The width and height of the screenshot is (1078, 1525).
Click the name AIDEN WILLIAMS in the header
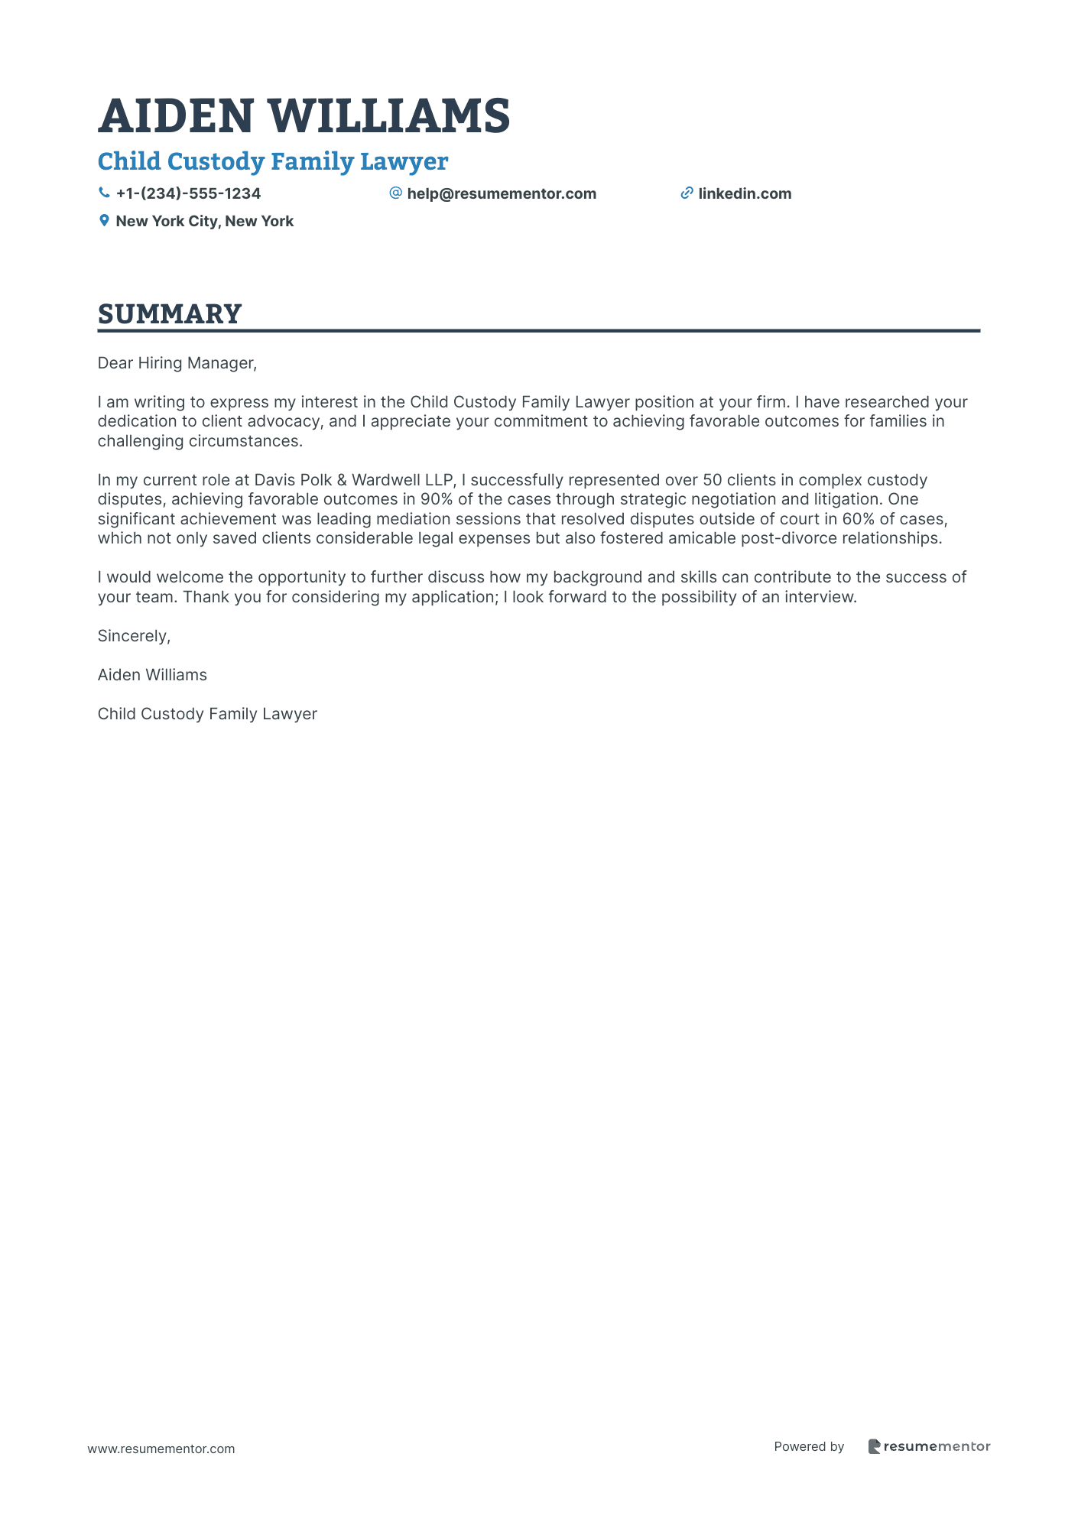pos(304,116)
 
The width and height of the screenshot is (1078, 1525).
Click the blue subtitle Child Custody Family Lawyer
pos(272,161)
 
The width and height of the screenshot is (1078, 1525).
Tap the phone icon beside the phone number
pos(104,193)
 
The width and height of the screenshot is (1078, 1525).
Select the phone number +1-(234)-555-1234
pos(188,194)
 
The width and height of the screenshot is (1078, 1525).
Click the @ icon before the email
pos(395,193)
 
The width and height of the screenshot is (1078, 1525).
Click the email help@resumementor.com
pos(501,194)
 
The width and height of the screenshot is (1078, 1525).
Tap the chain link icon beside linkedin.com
pos(687,193)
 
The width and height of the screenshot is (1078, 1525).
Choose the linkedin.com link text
pos(745,194)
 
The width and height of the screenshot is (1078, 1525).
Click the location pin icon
pos(104,221)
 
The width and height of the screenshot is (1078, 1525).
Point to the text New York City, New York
pos(204,222)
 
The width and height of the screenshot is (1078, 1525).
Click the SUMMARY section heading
pos(170,314)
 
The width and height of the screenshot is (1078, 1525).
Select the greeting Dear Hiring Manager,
pos(177,363)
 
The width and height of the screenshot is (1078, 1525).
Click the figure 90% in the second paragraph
pos(437,500)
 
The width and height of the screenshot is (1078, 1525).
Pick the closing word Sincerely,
pos(134,636)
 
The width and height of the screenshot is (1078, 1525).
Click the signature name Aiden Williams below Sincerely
pos(152,675)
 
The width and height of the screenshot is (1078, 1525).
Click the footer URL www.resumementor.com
pos(161,1449)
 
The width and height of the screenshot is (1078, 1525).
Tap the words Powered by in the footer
pos(809,1446)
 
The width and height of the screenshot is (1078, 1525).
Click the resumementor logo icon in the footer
pos(874,1446)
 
